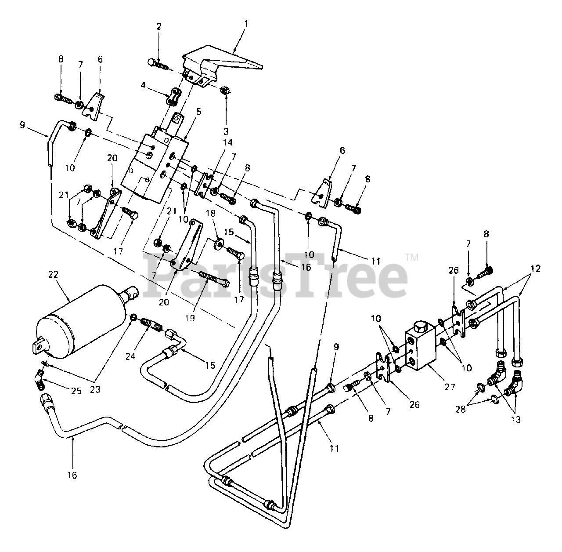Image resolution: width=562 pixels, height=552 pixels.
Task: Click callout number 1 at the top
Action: tap(246, 23)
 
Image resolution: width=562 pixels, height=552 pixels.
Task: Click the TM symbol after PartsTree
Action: tap(412, 257)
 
